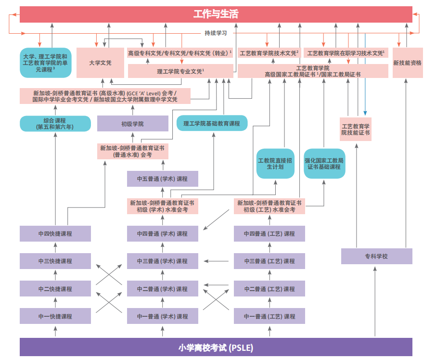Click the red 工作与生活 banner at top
click(216, 14)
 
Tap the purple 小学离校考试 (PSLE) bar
click(216, 347)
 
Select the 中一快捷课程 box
click(55, 316)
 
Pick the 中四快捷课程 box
click(55, 233)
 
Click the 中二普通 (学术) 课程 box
click(162, 289)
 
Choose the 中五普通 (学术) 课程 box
click(162, 179)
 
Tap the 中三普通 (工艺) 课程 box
click(269, 261)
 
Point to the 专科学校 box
click(376, 256)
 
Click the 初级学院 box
click(132, 124)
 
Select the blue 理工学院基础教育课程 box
click(212, 123)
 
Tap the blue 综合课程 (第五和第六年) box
click(55, 124)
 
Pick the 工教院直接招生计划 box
click(275, 164)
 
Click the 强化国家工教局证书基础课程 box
click(324, 164)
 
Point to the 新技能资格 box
click(407, 63)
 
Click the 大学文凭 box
click(100, 63)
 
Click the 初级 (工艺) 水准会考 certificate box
click(269, 206)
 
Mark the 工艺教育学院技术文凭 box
click(269, 53)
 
